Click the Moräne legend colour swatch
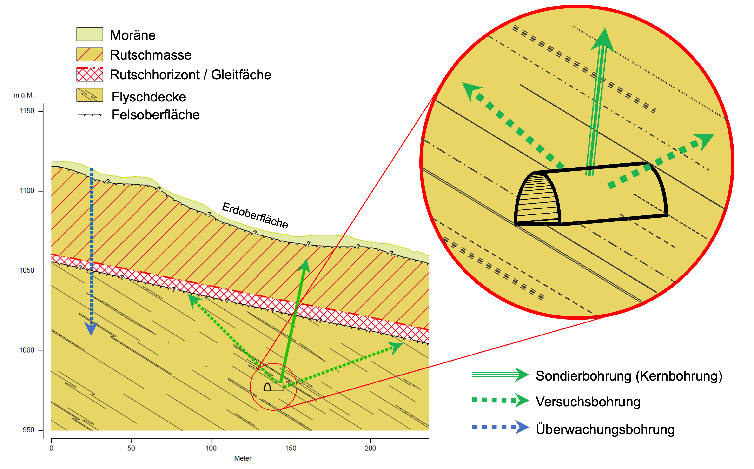90,34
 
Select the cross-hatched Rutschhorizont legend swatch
90,74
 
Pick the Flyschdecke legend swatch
90,95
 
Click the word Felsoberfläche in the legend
155,115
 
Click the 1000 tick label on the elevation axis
27,350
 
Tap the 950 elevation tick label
28,430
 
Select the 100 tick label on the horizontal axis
211,448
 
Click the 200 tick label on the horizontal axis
370,448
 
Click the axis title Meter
243,458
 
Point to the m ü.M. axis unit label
24,95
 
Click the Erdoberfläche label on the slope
255,215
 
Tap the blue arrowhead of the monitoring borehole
91,328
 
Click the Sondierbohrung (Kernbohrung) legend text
629,376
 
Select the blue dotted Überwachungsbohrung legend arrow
500,427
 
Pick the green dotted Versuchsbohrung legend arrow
500,400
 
